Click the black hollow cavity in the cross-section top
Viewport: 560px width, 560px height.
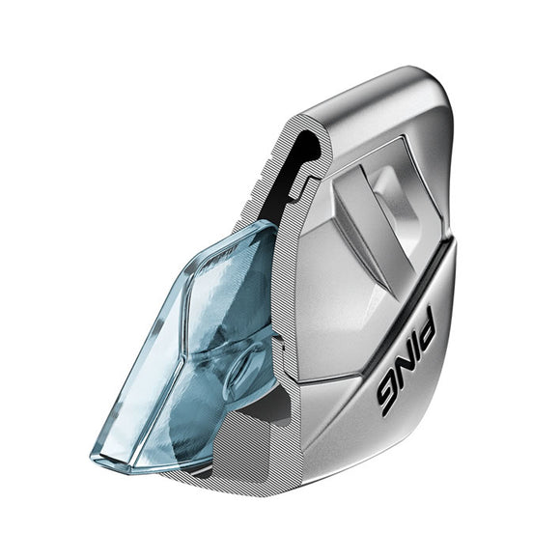(x=307, y=154)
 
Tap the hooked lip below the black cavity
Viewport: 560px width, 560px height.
(x=307, y=183)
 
